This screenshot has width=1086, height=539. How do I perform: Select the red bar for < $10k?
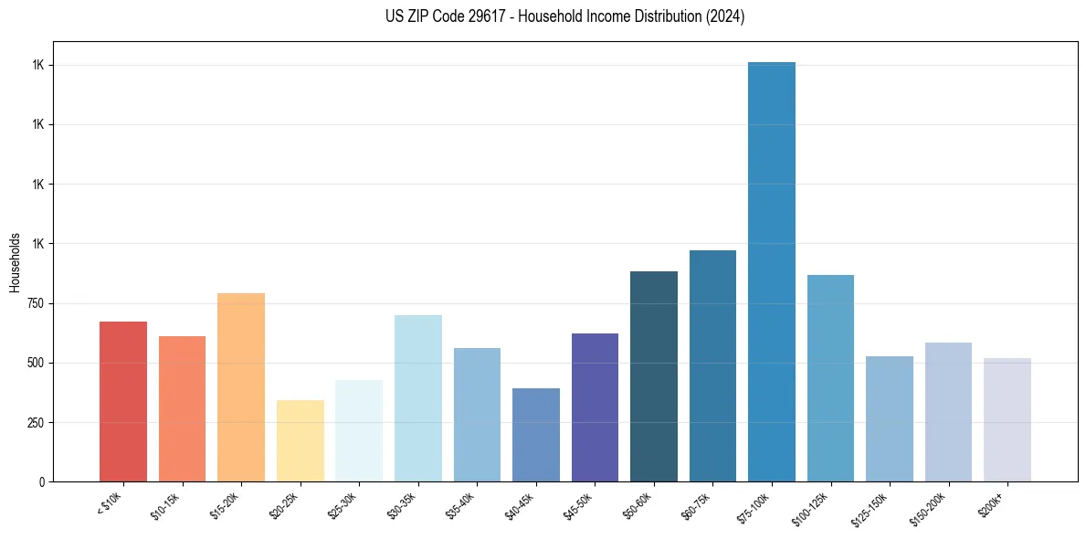coord(123,401)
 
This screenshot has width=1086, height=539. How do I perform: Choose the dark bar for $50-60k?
coord(654,375)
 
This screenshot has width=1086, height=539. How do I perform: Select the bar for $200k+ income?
coord(1007,419)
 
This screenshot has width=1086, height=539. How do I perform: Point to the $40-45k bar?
coord(536,434)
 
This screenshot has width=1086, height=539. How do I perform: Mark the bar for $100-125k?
coord(830,377)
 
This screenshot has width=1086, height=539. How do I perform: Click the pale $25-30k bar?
coord(359,430)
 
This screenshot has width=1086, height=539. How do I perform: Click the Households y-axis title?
coord(15,261)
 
